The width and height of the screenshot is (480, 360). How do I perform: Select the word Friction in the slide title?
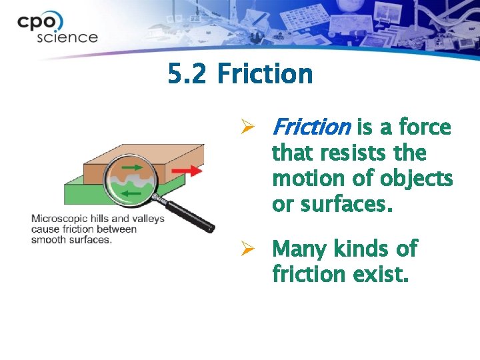265,73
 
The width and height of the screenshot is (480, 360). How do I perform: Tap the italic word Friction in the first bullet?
311,127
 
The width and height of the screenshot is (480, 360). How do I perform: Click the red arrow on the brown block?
191,171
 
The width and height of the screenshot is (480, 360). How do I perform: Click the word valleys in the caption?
148,219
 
